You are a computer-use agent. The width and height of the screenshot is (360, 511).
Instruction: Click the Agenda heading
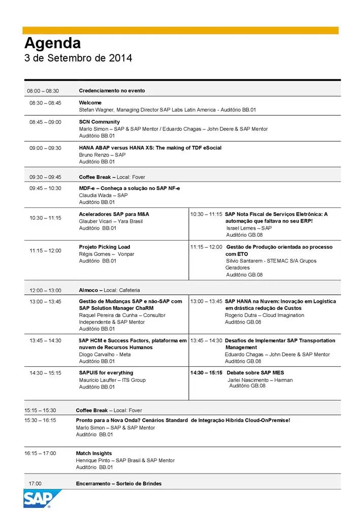52,43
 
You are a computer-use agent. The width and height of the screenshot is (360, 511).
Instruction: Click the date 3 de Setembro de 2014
78,58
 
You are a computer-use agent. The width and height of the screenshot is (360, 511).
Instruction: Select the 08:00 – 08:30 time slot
43,91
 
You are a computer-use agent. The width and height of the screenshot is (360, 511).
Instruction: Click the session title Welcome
90,103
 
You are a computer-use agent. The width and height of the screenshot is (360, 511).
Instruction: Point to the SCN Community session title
100,122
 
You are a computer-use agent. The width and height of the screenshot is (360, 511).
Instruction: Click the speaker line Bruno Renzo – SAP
102,155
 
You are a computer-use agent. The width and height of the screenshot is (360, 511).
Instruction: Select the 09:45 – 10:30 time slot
45,188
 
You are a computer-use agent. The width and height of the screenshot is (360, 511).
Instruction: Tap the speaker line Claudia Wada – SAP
103,195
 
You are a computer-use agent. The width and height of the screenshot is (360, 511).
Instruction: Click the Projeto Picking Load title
105,247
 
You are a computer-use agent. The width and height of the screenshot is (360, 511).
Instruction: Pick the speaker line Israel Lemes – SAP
249,228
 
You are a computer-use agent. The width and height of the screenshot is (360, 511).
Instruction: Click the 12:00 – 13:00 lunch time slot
45,291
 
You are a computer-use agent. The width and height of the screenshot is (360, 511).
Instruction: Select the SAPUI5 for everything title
106,373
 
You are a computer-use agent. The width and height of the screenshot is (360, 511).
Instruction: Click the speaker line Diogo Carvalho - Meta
105,355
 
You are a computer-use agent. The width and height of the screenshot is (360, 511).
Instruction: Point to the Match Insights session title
94,453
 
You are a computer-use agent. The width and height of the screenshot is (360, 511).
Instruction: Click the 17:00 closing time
35,484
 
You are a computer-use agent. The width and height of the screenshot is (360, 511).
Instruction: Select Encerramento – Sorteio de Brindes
119,484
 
